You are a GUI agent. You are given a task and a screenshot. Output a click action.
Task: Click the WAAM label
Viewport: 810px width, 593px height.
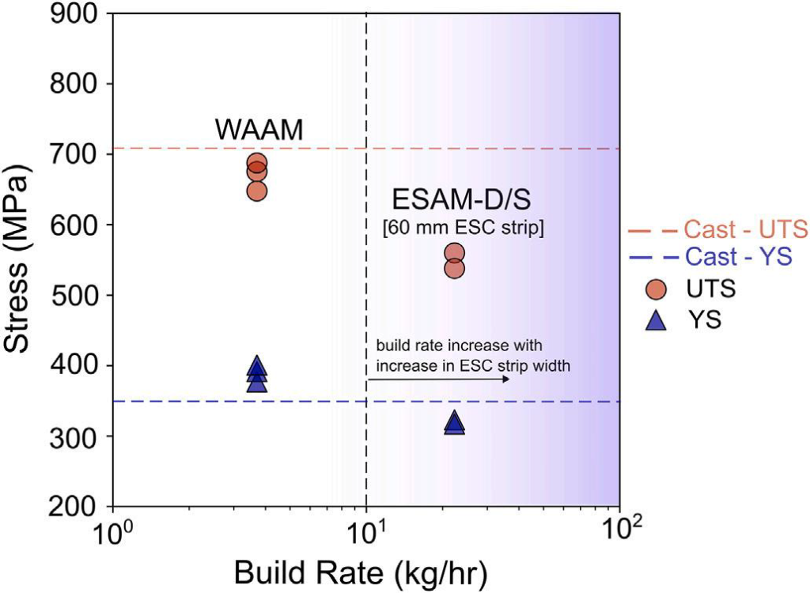pos(259,130)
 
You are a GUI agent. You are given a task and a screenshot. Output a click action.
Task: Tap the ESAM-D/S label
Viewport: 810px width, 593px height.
pos(452,198)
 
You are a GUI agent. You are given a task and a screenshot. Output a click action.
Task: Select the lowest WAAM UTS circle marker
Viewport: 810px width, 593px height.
pos(257,191)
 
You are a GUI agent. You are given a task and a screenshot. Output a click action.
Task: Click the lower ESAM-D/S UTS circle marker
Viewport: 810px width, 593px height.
pos(454,268)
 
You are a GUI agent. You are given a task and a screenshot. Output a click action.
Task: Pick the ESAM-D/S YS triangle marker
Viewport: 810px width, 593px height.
pos(454,423)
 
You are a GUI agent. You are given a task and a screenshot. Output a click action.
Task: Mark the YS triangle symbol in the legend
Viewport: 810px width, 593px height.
pos(656,321)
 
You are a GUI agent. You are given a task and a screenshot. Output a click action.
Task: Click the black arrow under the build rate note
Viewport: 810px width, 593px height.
pos(437,380)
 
